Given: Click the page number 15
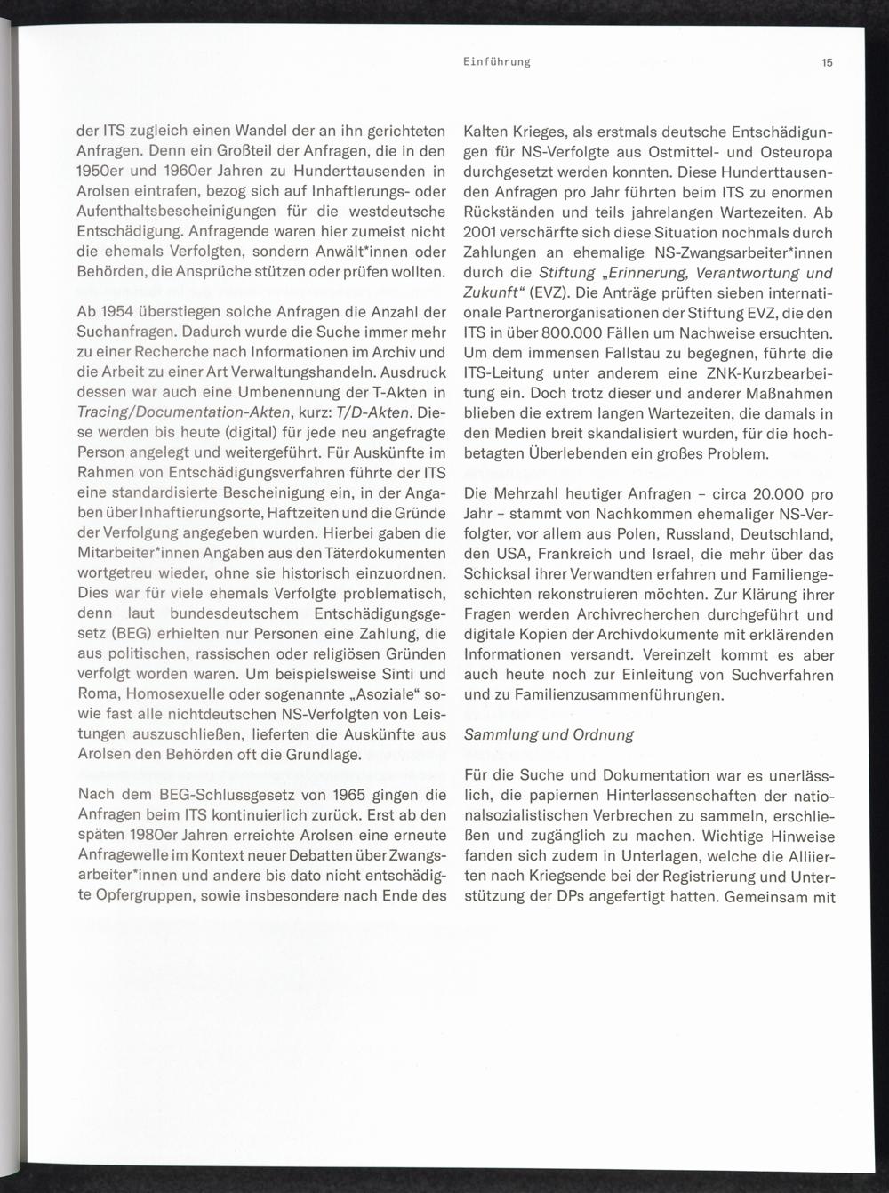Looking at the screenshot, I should [x=827, y=62].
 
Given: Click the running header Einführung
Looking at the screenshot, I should [x=497, y=62].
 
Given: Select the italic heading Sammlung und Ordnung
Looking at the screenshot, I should [x=549, y=734].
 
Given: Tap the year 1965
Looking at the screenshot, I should [x=343, y=794].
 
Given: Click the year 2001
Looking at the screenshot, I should [x=481, y=233].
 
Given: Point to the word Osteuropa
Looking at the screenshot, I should [x=797, y=152].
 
